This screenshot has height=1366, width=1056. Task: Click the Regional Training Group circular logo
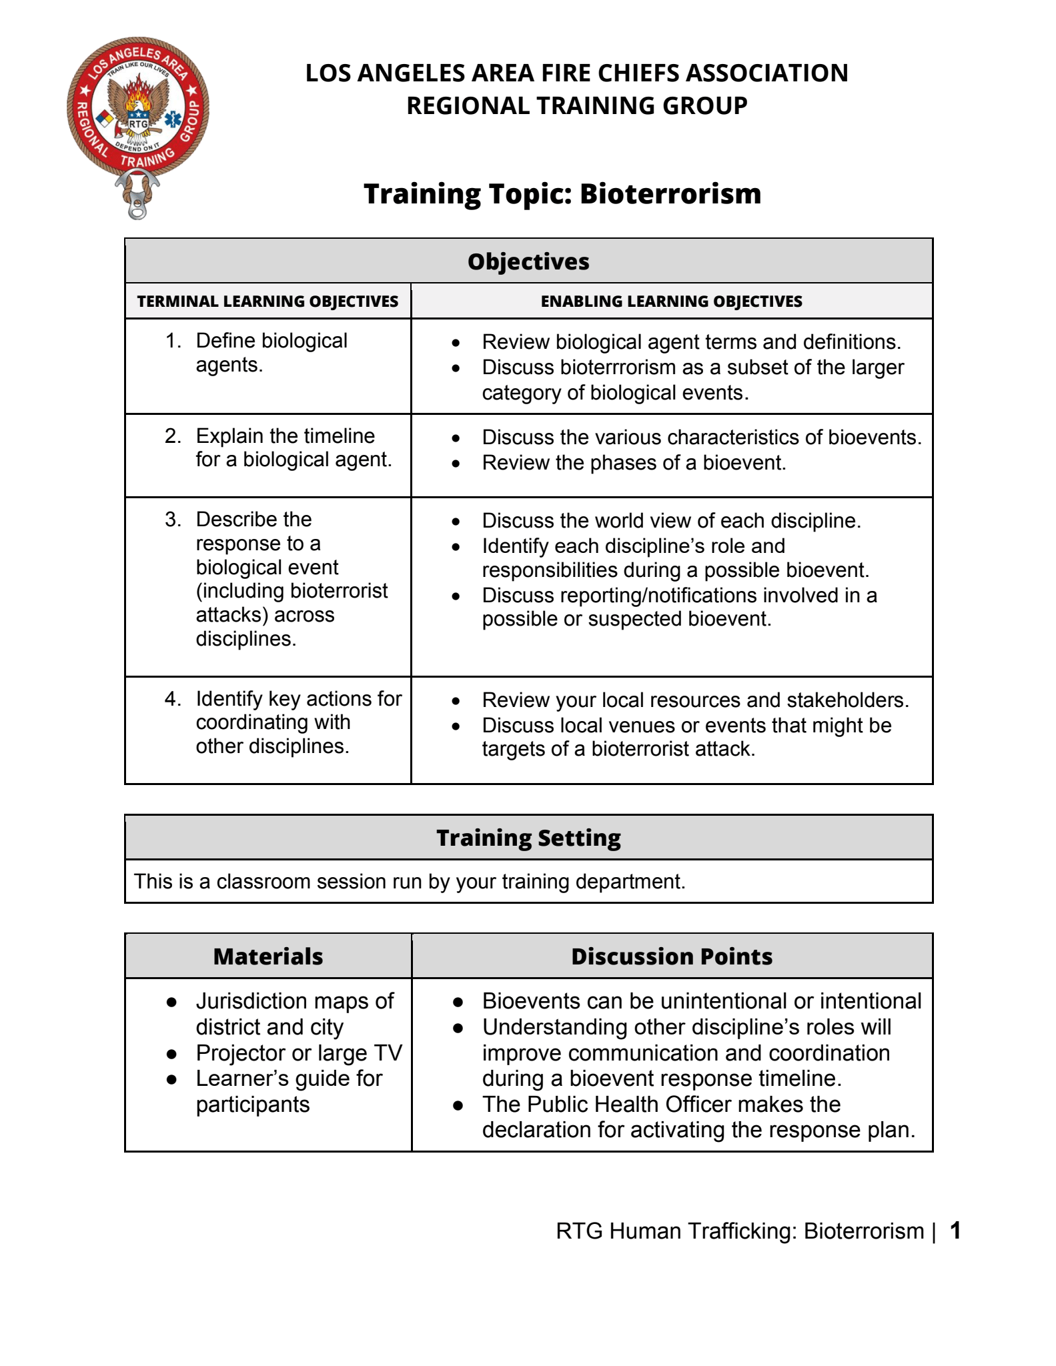click(138, 111)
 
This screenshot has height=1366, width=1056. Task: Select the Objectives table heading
click(528, 261)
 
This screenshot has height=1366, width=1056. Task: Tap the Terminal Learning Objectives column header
click(268, 301)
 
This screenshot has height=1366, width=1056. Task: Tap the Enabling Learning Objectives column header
click(671, 301)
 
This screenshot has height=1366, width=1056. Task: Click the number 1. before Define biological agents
click(173, 341)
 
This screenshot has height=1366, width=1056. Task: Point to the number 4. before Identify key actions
click(173, 698)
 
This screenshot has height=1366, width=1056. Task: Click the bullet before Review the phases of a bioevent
click(456, 464)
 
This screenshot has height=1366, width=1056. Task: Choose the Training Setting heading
click(528, 838)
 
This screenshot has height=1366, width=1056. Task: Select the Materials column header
click(268, 956)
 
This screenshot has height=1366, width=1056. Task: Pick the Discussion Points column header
click(672, 956)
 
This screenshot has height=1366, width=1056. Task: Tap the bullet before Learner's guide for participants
click(172, 1079)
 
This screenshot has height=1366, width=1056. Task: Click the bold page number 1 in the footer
click(955, 1231)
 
